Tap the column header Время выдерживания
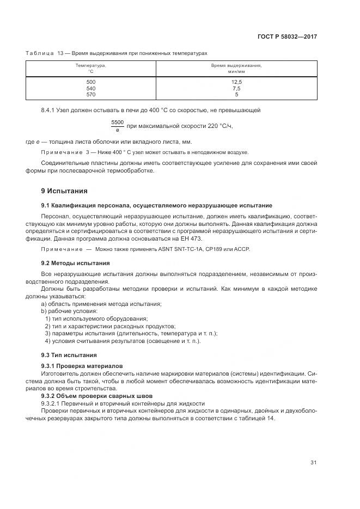pyautogui.click(x=236, y=65)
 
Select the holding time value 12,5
pyautogui.click(x=236, y=82)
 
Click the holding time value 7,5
pyautogui.click(x=236, y=88)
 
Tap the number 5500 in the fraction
pyautogui.click(x=117, y=122)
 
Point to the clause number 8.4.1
pyautogui.click(x=49, y=111)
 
